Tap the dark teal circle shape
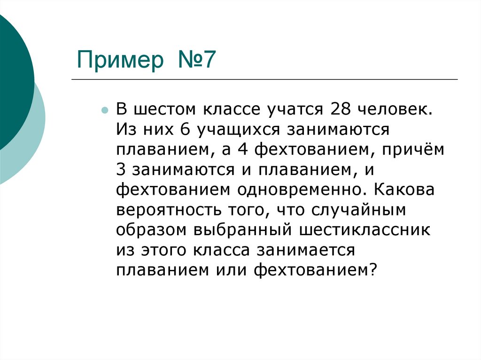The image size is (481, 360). click(x=12, y=75)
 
